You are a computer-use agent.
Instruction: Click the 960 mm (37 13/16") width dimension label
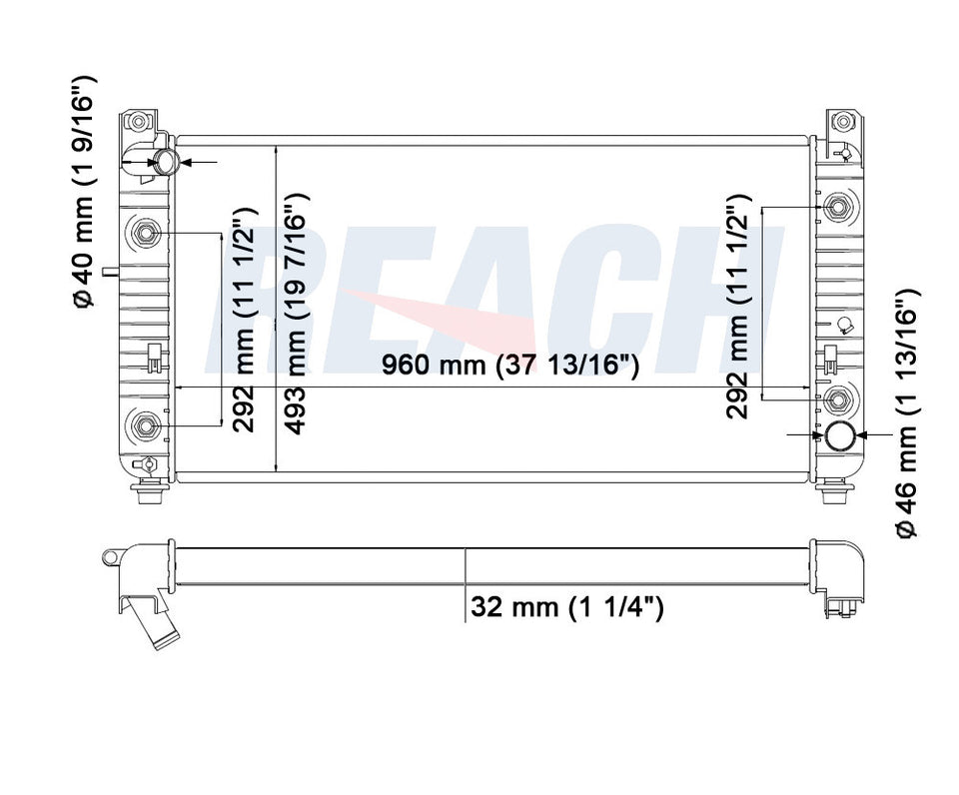(509, 368)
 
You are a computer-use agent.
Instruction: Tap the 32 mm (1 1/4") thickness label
(566, 606)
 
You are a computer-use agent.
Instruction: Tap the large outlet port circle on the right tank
(837, 435)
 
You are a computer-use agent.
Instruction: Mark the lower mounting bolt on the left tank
(146, 425)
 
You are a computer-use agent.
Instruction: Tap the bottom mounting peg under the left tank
(150, 492)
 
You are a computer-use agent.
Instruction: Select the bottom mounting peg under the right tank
(835, 492)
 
